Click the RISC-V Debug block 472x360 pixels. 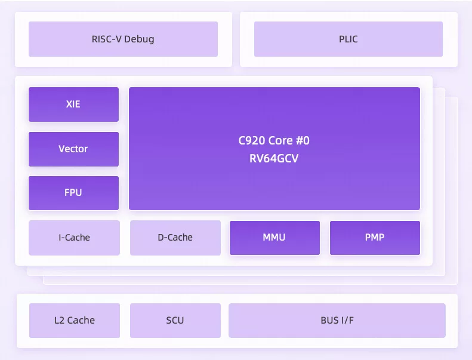(123, 39)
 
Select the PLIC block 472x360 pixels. (348, 39)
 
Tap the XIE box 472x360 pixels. (73, 104)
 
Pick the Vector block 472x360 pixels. (73, 149)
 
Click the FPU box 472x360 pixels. (73, 193)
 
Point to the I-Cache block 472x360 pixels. (74, 238)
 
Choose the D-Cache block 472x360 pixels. (175, 238)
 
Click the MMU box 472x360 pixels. (274, 238)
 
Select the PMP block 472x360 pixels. (375, 238)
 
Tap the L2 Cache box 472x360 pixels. (75, 320)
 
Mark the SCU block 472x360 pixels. (175, 320)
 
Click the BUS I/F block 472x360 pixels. (337, 320)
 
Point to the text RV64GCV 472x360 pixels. (274, 158)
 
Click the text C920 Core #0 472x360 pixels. (274, 140)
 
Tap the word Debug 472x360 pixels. (139, 39)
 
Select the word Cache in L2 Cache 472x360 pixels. (81, 320)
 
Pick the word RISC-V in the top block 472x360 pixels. (107, 39)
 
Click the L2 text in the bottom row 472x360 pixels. (59, 320)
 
